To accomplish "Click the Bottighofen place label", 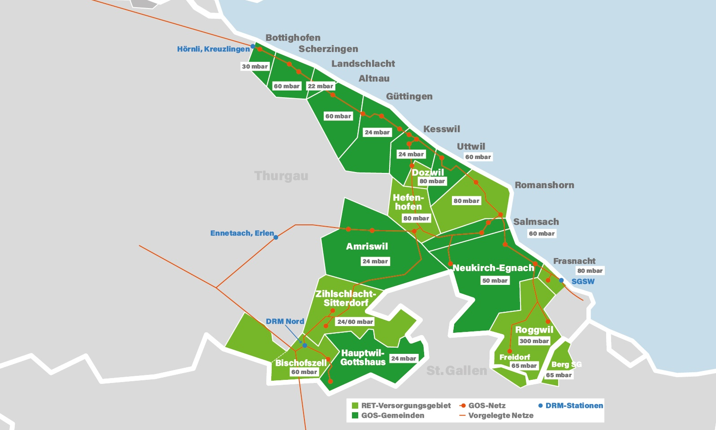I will pyautogui.click(x=293, y=38).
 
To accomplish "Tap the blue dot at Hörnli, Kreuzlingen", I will pyautogui.click(x=253, y=46).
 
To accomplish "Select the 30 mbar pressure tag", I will pyautogui.click(x=255, y=66).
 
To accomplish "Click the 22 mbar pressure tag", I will pyautogui.click(x=320, y=86).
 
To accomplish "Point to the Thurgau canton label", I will pyautogui.click(x=281, y=176).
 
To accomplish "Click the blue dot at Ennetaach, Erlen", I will pyautogui.click(x=276, y=237).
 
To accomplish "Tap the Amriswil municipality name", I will pyautogui.click(x=367, y=246).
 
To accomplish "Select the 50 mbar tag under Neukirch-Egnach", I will pyautogui.click(x=495, y=280).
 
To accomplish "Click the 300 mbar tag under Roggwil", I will pyautogui.click(x=534, y=341).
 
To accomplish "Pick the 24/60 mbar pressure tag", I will pyautogui.click(x=355, y=322).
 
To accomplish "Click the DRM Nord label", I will pyautogui.click(x=285, y=321).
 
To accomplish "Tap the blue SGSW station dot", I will pyautogui.click(x=561, y=280).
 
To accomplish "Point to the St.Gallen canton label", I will pyautogui.click(x=456, y=370).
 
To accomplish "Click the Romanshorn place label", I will pyautogui.click(x=544, y=185).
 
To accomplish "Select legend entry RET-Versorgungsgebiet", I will pyautogui.click(x=405, y=405).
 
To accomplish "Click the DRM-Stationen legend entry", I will pyautogui.click(x=573, y=405).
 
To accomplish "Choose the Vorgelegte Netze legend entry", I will pyautogui.click(x=500, y=415).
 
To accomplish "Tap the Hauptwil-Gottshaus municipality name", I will pyautogui.click(x=362, y=357).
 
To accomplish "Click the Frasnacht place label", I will pyautogui.click(x=574, y=261).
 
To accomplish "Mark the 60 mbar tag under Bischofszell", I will pyautogui.click(x=304, y=372).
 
